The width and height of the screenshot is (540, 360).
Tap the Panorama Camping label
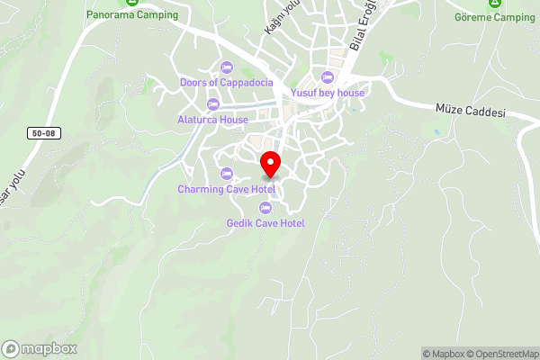[x=132, y=15]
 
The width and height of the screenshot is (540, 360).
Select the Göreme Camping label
[x=494, y=17]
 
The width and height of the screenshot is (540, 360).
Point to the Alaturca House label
[x=212, y=119]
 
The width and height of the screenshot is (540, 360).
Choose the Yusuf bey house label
[x=327, y=93]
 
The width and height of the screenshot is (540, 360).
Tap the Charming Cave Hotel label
[x=226, y=189]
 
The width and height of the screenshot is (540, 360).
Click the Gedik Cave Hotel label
[x=265, y=223]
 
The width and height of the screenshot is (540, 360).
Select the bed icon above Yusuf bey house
[x=327, y=76]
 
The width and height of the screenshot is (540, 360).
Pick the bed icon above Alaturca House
[x=212, y=103]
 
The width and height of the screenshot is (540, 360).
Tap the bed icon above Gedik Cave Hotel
[x=265, y=208]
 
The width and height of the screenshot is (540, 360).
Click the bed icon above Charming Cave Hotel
[x=226, y=174]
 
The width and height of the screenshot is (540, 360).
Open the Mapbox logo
[x=40, y=348]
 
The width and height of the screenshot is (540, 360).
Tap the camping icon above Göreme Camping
[x=493, y=3]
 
